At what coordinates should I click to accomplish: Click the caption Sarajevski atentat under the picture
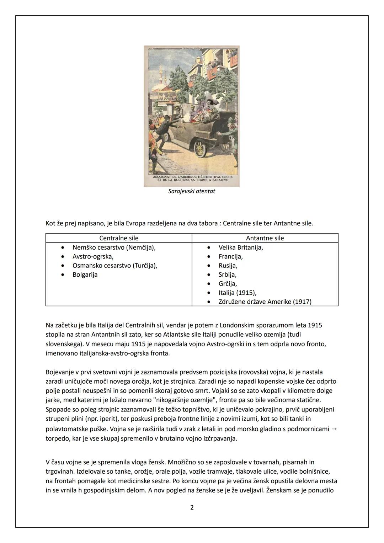point(191,191)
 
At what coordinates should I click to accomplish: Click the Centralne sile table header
point(119,238)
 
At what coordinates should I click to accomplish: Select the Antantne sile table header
point(265,238)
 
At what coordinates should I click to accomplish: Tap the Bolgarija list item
point(85,275)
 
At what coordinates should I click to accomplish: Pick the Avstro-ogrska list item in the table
point(93,256)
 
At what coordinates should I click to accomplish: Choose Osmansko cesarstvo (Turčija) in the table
point(114,266)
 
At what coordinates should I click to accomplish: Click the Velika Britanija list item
point(241,247)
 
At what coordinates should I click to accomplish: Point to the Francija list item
point(230,256)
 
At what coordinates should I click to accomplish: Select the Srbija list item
point(228,275)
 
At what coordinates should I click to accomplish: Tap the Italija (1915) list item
point(237,293)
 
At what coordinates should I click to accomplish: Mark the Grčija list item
point(228,284)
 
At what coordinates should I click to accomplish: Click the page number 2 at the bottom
point(192,507)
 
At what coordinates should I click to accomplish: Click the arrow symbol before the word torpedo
point(334,429)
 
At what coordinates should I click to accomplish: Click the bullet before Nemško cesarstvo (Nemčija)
point(63,247)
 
